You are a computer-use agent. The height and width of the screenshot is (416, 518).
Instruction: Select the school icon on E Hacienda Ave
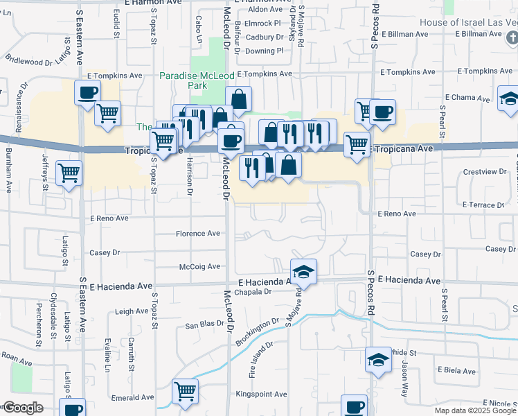(x=303, y=272)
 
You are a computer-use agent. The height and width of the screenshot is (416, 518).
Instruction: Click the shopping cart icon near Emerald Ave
(x=186, y=392)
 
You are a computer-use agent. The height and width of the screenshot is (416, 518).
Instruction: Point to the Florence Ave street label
(x=197, y=234)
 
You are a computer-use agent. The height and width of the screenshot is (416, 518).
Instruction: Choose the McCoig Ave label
(x=199, y=266)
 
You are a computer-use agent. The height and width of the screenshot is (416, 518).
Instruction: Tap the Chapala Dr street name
(x=257, y=292)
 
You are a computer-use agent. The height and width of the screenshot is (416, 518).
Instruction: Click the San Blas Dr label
(x=203, y=324)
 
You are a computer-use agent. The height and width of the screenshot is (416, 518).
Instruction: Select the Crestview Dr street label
(x=480, y=171)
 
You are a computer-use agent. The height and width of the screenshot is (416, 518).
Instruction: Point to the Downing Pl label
(x=265, y=51)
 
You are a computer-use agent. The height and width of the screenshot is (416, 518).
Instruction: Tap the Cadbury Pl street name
(x=265, y=37)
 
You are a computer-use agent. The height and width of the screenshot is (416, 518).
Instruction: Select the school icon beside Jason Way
(x=378, y=360)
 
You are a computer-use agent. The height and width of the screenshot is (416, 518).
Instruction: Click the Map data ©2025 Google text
(x=475, y=410)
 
